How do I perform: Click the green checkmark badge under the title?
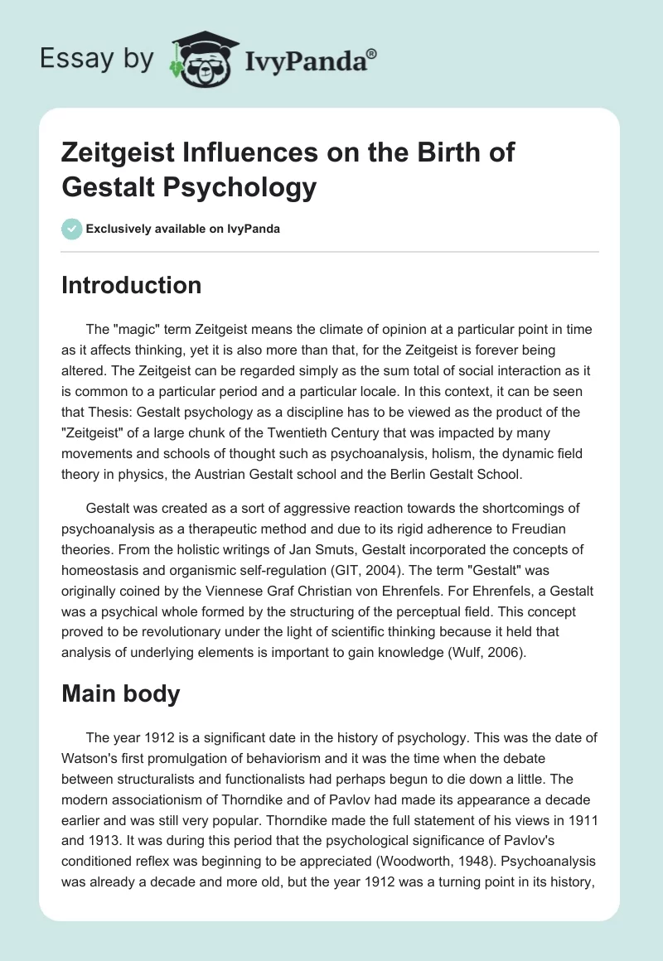click(x=71, y=229)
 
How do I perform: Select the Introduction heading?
click(x=132, y=286)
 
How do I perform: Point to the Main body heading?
click(x=121, y=693)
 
